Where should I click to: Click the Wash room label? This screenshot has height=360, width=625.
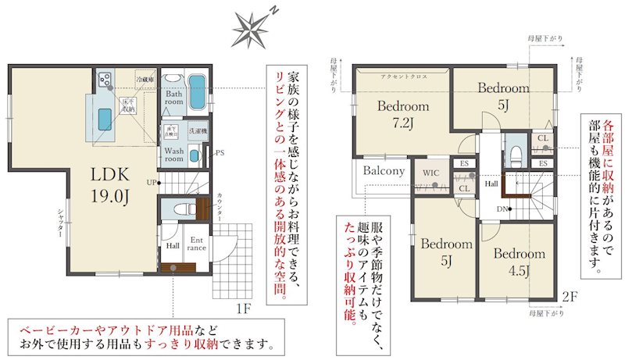click(x=174, y=154)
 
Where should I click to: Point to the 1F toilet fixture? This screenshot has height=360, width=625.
click(x=179, y=209)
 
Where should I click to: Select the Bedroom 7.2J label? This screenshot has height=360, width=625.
click(x=403, y=114)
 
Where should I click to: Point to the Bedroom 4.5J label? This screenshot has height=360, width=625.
click(x=519, y=262)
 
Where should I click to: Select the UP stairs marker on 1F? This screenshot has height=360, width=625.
click(x=151, y=182)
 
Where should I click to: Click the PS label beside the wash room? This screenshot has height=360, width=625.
click(x=220, y=152)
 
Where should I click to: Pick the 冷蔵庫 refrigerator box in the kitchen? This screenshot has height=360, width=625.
click(x=145, y=79)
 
